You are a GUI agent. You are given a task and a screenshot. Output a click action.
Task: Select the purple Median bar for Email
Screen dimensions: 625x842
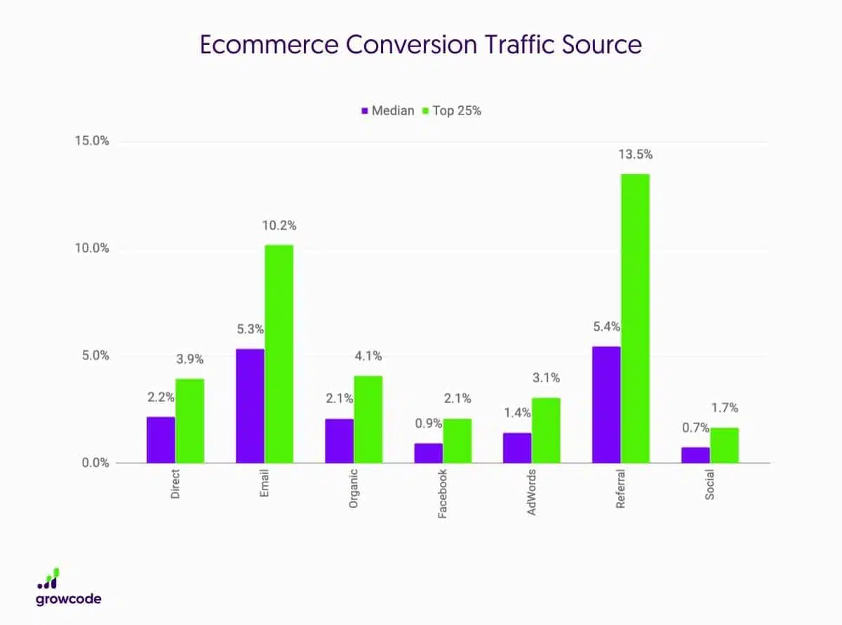250,406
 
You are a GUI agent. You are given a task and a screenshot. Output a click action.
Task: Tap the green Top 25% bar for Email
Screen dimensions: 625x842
279,354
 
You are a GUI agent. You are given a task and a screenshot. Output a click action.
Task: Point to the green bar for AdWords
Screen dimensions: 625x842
546,430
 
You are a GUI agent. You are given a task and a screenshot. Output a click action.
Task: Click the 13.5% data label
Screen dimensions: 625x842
635,154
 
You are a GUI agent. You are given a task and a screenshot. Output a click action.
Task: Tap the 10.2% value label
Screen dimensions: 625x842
279,225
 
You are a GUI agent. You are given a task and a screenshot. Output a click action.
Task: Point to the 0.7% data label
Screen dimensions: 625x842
695,428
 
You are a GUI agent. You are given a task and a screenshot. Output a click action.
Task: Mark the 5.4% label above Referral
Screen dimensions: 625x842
606,327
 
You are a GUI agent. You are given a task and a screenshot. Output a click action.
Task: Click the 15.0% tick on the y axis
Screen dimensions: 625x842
92,141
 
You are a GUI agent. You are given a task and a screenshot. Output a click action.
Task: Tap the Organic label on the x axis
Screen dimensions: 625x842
354,484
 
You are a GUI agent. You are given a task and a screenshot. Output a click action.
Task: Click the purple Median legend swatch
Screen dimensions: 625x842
365,110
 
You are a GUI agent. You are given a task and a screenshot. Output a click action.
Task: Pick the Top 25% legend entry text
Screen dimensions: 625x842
457,110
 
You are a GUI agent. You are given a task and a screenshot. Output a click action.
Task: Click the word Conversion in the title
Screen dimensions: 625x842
380,45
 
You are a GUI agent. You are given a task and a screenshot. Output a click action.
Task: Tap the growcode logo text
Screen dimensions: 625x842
69,599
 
